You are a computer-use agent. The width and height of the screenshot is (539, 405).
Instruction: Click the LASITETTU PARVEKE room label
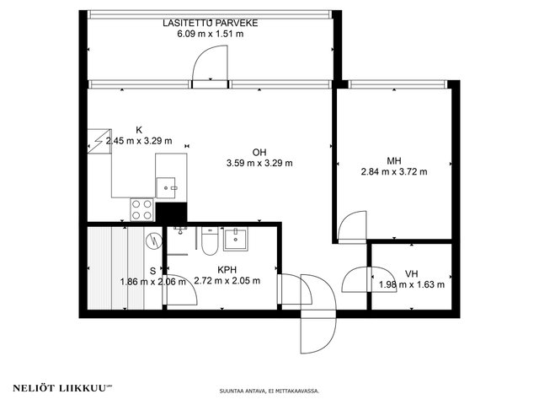tap(210, 23)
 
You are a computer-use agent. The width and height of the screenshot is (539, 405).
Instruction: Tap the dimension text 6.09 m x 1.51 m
tap(210, 34)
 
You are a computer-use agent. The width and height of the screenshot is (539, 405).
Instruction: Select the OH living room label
tap(259, 152)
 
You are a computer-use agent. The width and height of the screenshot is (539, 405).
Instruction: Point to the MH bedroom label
tap(394, 160)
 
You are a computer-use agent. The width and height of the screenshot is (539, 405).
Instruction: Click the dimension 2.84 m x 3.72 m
tap(394, 171)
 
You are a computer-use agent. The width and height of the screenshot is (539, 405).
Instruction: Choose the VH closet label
tap(412, 273)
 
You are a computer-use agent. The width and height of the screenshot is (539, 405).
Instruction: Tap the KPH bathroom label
tap(227, 270)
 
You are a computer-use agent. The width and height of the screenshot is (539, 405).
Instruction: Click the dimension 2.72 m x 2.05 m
tap(227, 281)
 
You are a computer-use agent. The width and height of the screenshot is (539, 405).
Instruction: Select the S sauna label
tap(153, 271)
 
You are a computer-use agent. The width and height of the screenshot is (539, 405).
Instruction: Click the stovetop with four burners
tap(142, 210)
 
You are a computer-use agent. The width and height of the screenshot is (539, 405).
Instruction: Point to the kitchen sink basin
tap(166, 187)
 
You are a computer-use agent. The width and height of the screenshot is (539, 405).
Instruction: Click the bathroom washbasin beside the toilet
tap(236, 239)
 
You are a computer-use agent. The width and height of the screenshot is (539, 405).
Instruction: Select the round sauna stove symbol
tap(153, 240)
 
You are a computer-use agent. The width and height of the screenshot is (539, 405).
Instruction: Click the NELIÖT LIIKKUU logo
tap(62, 388)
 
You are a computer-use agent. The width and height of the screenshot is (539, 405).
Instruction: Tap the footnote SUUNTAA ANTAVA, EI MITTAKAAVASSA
tap(269, 391)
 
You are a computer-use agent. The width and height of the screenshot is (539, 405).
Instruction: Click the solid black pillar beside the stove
tap(171, 213)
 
